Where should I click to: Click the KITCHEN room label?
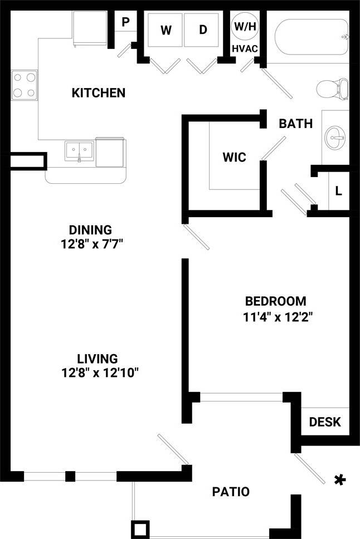point(98,92)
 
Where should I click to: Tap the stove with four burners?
point(24,85)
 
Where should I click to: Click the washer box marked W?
point(166,31)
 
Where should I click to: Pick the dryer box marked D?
point(203,30)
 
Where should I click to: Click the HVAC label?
point(245,48)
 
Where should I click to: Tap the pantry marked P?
point(125,22)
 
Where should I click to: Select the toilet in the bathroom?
point(332,89)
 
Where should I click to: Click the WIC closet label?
point(234,157)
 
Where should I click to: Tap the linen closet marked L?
point(338,190)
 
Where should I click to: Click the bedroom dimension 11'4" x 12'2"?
point(276,317)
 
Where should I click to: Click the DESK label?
point(324,422)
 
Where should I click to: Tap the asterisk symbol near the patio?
point(338,480)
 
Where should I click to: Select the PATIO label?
point(231,492)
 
